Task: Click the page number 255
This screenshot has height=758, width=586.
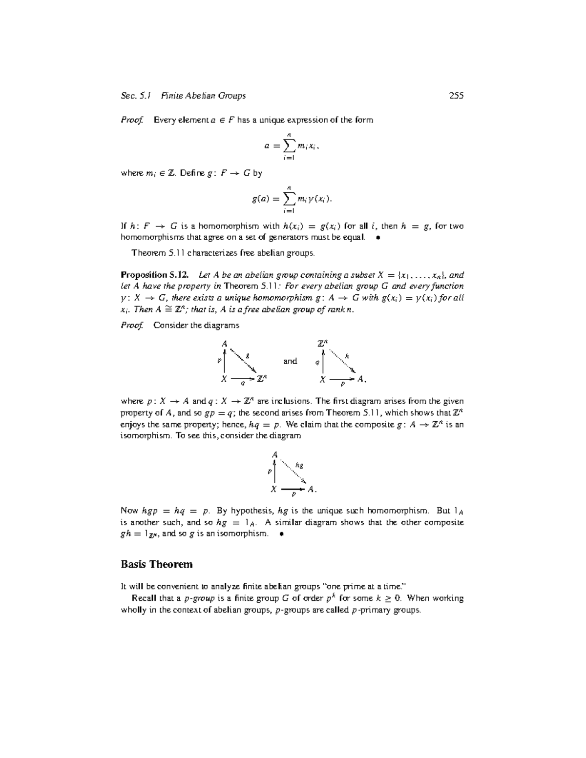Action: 456,96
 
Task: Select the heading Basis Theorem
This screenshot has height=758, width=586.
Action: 156,564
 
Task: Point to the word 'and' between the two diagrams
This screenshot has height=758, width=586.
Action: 290,361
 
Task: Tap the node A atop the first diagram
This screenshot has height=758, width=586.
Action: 225,343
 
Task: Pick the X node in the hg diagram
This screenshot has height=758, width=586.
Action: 274,489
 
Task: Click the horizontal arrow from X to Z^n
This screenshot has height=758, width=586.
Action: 243,379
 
